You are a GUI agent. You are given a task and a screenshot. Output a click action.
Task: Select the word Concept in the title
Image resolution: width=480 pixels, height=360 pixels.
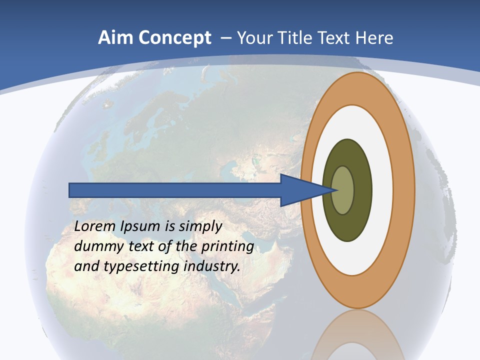pos(174,38)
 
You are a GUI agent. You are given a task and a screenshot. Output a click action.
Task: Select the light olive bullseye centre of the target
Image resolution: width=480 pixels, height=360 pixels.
pos(343,190)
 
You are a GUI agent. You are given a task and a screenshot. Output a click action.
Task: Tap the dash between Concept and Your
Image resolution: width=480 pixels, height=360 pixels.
pos(225,38)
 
